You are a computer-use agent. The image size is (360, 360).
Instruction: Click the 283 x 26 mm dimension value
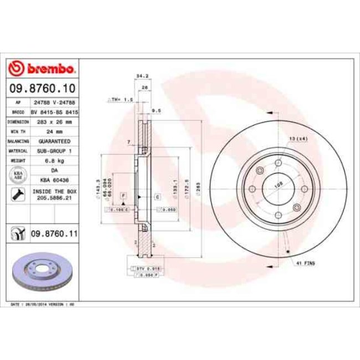(x=54, y=121)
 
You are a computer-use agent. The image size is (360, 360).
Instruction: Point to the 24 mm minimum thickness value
(x=54, y=131)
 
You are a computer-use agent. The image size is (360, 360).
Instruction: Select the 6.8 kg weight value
(x=54, y=161)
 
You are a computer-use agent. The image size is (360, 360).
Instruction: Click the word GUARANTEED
(x=54, y=141)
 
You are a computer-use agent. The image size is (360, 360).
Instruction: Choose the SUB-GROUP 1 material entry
(x=54, y=151)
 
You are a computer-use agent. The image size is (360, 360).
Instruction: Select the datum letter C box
(x=157, y=197)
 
